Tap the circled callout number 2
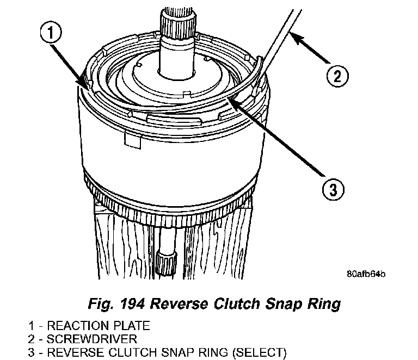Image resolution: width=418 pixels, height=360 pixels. pos(336,75)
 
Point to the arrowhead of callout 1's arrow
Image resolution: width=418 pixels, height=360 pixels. pos(85,84)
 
